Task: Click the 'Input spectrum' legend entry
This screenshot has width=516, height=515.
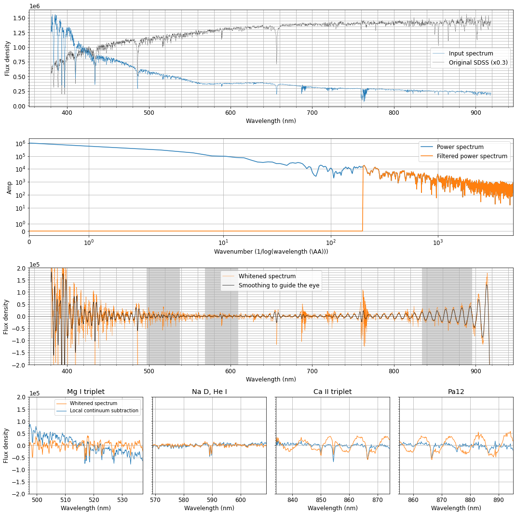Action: (471, 54)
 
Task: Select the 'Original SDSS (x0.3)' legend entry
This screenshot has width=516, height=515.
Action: (478, 63)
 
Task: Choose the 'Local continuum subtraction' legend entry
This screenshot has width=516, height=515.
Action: (104, 411)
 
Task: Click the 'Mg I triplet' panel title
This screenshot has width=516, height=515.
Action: (86, 392)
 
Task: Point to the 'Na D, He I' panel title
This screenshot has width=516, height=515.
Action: (209, 392)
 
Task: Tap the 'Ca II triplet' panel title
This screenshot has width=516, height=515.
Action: (332, 392)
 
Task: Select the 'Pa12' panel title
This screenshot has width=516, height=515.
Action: (456, 392)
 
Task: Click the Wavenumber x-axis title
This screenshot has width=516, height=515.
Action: (271, 251)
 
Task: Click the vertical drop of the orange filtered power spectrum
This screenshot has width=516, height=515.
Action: (363, 198)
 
